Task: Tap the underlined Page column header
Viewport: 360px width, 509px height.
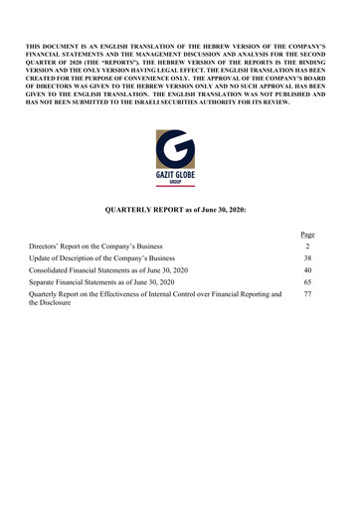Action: (x=307, y=235)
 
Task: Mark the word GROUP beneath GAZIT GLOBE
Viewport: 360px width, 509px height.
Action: (x=179, y=181)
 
